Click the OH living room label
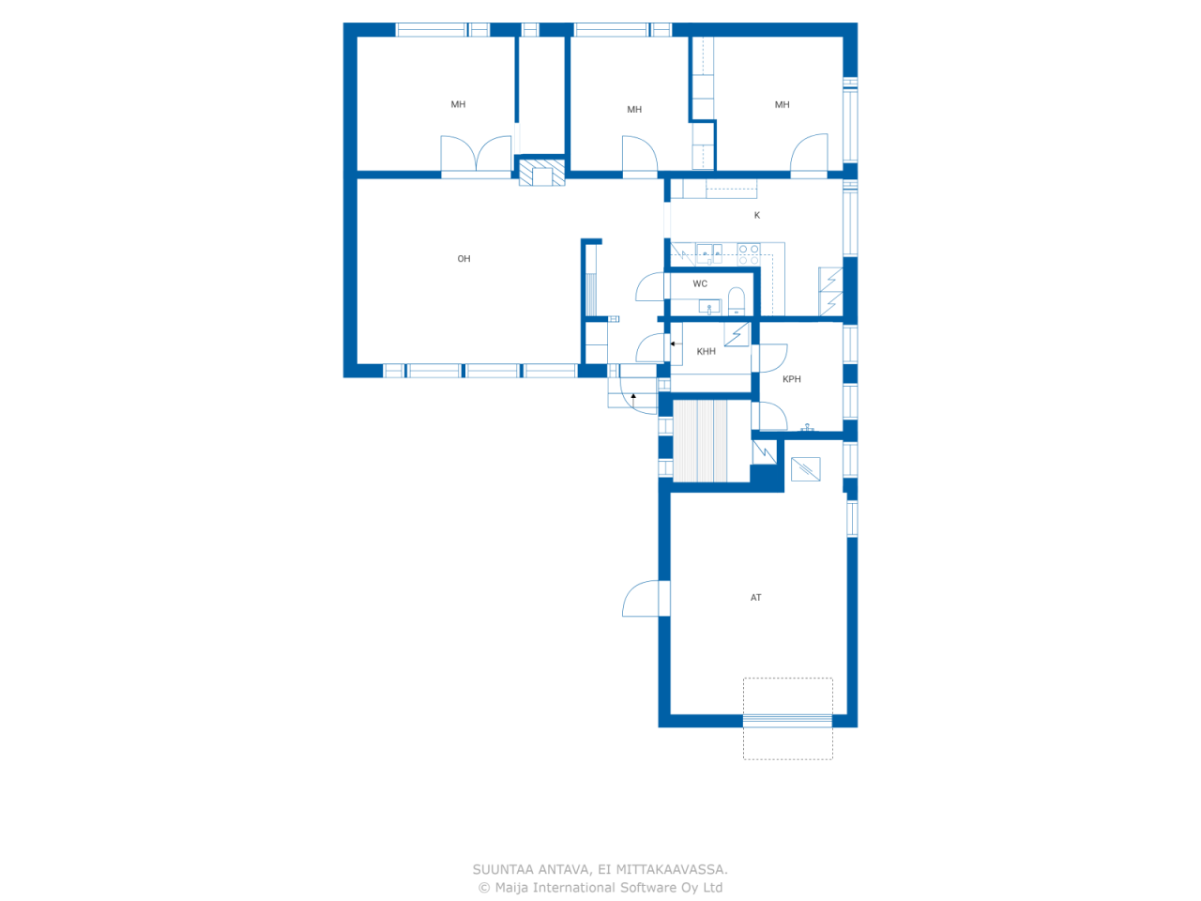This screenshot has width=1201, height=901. click(464, 259)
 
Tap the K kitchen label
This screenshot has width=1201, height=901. click(757, 216)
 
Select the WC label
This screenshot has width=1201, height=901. click(700, 283)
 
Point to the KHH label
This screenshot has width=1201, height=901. click(706, 352)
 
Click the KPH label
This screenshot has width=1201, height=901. click(792, 379)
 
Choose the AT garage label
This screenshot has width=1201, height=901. click(756, 598)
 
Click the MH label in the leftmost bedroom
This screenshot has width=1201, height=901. click(458, 105)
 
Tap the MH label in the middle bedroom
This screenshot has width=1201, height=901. click(634, 110)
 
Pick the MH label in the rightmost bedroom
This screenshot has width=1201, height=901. click(783, 105)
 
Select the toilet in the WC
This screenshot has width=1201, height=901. click(737, 301)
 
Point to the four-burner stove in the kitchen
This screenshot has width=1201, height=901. click(748, 253)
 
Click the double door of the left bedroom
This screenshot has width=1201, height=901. click(477, 156)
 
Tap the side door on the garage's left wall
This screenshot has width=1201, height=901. click(643, 599)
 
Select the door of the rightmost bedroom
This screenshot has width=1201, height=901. click(809, 156)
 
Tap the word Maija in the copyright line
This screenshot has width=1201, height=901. click(511, 888)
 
